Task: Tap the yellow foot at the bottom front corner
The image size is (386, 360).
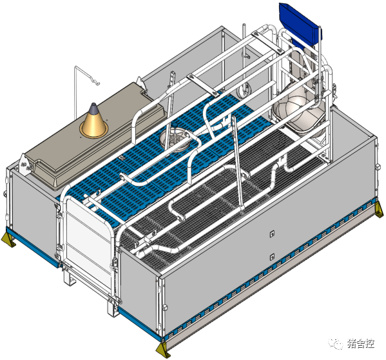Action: [x=163, y=350]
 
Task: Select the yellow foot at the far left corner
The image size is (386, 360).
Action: [x=8, y=239]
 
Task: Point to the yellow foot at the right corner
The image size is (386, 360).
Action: [x=379, y=210]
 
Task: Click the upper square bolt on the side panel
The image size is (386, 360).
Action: [x=272, y=234]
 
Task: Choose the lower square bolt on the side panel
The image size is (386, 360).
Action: [x=272, y=257]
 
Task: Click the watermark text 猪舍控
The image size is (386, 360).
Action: [x=361, y=343]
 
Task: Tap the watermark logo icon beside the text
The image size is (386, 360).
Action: [x=335, y=343]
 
